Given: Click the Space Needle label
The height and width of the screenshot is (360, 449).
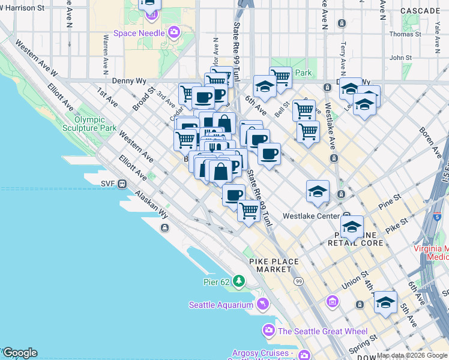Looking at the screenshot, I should (x=139, y=33).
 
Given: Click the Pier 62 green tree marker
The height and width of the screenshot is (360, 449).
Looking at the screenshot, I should (x=240, y=280).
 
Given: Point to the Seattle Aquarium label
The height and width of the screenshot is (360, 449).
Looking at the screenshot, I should (x=221, y=305).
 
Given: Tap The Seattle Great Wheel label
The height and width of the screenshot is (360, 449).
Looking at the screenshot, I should (x=318, y=331).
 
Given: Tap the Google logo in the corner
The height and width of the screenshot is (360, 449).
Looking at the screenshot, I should (x=20, y=353).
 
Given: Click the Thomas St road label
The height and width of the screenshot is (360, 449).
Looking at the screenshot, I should (x=402, y=34).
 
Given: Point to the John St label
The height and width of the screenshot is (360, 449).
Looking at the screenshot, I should (x=399, y=58).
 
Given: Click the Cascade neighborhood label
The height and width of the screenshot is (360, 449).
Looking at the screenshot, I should (x=420, y=11).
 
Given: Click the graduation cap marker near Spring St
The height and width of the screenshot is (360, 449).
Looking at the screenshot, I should (x=385, y=302).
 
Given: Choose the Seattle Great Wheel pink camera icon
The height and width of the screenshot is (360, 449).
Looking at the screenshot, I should (x=268, y=331).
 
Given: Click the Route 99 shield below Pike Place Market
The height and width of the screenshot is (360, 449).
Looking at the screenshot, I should (x=298, y=281).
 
